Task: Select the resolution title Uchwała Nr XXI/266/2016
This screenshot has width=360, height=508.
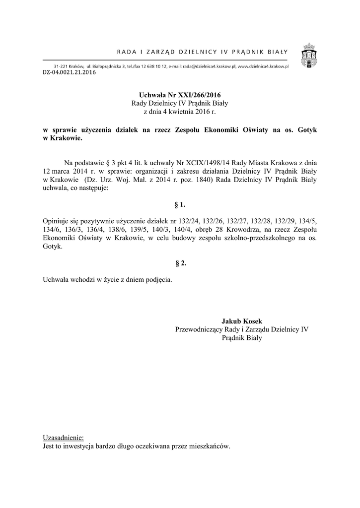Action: click(180, 95)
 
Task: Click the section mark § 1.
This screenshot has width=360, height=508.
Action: click(180, 204)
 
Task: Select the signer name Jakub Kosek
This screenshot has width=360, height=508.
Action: click(242, 321)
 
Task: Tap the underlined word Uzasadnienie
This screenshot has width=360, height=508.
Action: click(64, 438)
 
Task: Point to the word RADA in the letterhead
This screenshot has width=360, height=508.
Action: click(125, 51)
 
